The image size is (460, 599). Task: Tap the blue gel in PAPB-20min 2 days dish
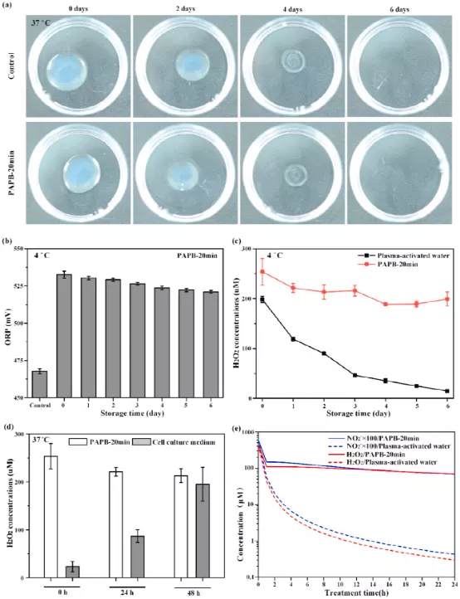180,175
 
